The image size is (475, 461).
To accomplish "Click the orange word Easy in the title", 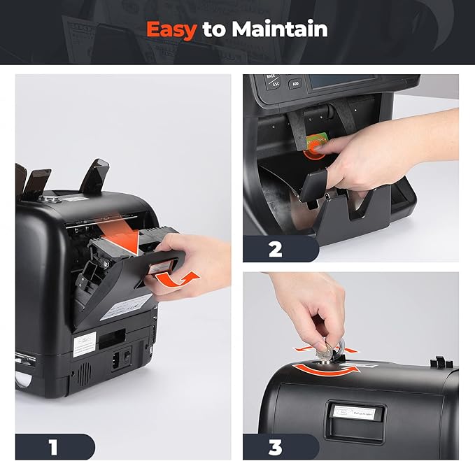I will (171, 29).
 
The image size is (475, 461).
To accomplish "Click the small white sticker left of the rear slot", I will (83, 341).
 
